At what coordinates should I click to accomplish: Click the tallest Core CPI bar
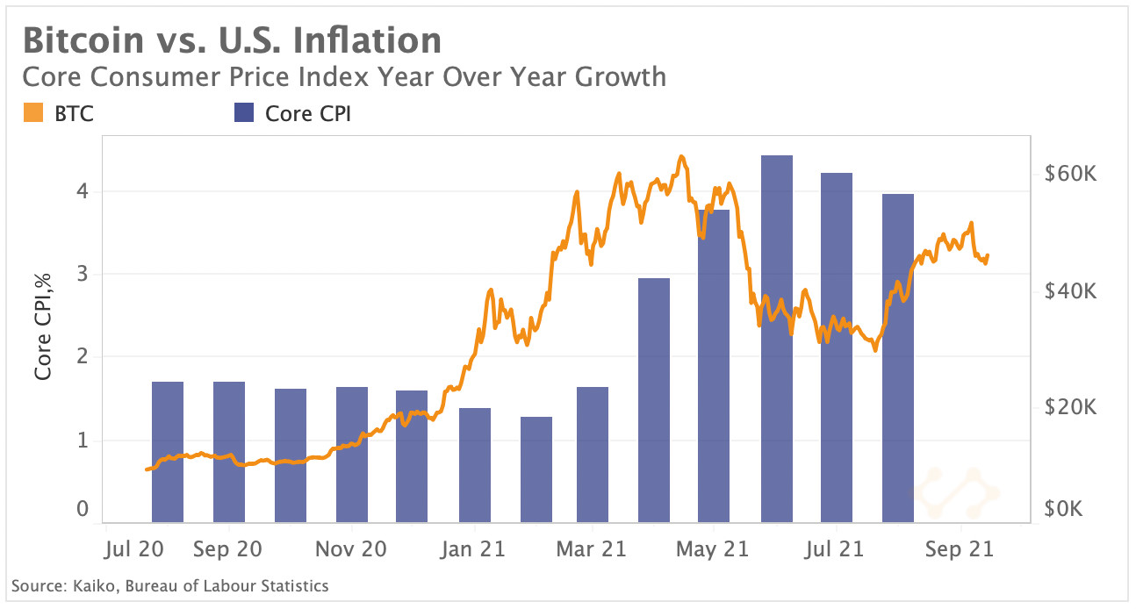[x=776, y=339]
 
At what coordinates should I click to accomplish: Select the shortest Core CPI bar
[x=536, y=469]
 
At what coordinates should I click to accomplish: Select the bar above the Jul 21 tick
[x=836, y=347]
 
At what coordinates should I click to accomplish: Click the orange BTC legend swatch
[x=33, y=113]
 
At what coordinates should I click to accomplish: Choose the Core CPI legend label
[x=307, y=113]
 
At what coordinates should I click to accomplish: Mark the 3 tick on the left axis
[x=82, y=274]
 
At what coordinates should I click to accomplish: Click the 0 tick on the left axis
[x=82, y=509]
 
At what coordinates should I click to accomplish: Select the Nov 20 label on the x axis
[x=351, y=549]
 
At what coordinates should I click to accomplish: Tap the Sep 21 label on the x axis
[x=960, y=549]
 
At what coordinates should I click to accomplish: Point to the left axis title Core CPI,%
[x=43, y=326]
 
